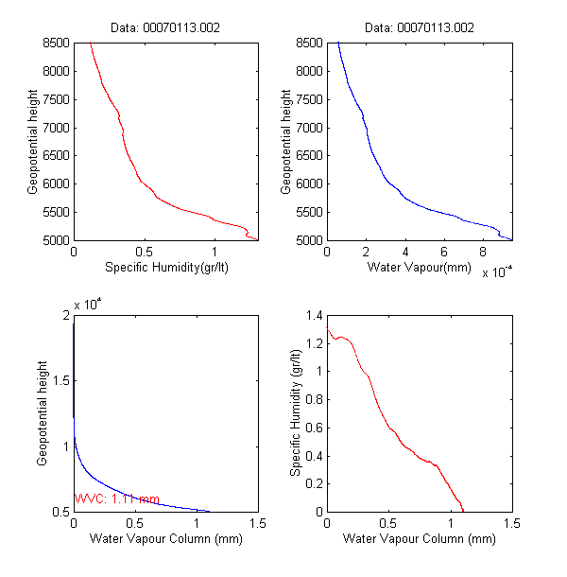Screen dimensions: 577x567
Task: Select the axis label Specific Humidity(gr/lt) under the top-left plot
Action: click(165, 267)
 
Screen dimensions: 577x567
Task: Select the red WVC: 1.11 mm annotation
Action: click(116, 499)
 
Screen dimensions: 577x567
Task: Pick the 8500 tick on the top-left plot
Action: click(56, 43)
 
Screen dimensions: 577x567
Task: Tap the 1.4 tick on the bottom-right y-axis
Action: click(313, 315)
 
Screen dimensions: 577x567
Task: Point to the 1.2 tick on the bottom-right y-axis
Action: click(313, 343)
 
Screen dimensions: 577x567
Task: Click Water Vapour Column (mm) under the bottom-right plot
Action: click(419, 539)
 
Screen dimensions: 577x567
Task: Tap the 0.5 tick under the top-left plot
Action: click(144, 252)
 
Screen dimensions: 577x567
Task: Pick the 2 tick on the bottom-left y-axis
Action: click(65, 316)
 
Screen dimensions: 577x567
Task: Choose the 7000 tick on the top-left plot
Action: click(56, 128)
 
